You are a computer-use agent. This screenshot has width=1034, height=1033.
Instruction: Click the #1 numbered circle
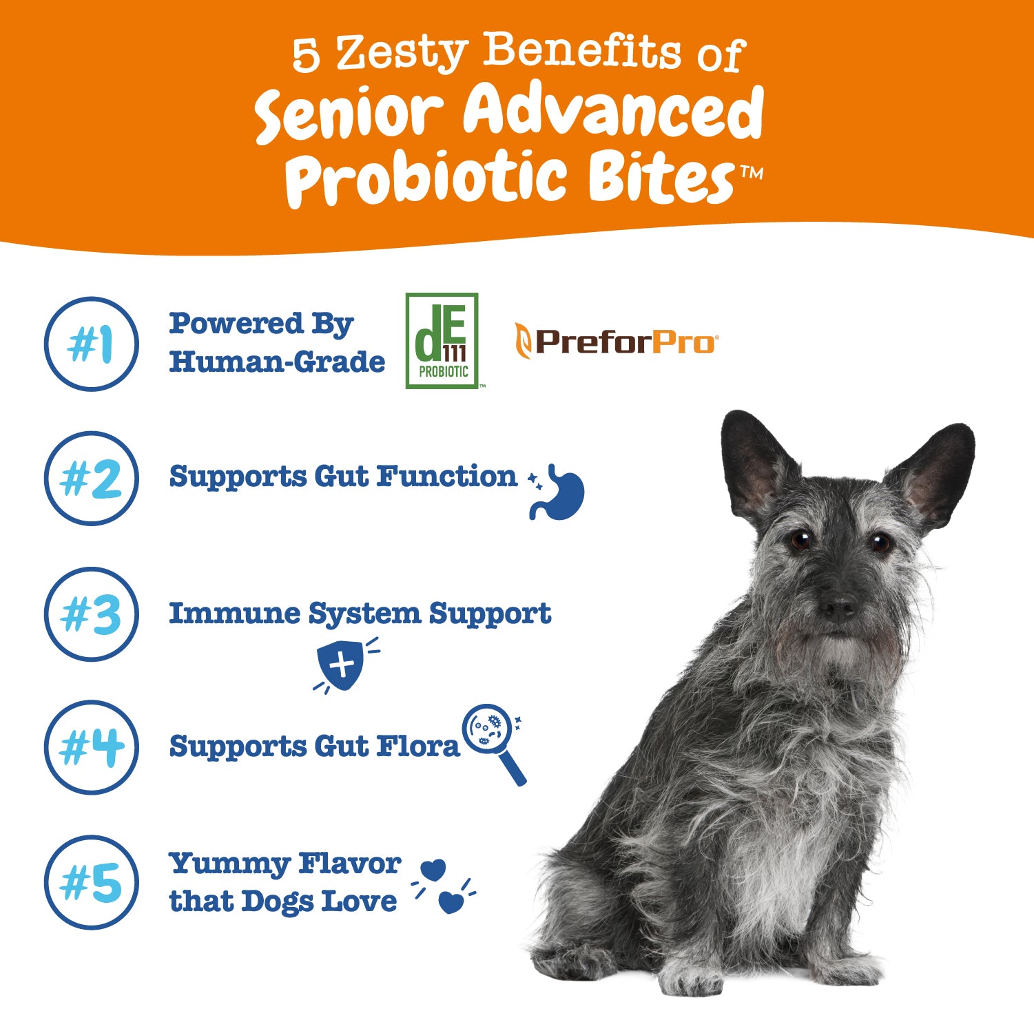coord(91,344)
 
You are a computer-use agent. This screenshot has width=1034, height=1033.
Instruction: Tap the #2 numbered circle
coord(91,479)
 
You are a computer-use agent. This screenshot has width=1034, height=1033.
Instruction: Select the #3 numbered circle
coord(91,614)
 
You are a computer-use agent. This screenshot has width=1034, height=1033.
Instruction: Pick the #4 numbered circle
coord(91,747)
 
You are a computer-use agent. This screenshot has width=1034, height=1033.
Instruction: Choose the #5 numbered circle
coord(91,882)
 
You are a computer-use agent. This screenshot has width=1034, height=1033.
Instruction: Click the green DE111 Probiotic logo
coord(442,341)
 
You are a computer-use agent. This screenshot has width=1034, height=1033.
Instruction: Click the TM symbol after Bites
coord(751,174)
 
